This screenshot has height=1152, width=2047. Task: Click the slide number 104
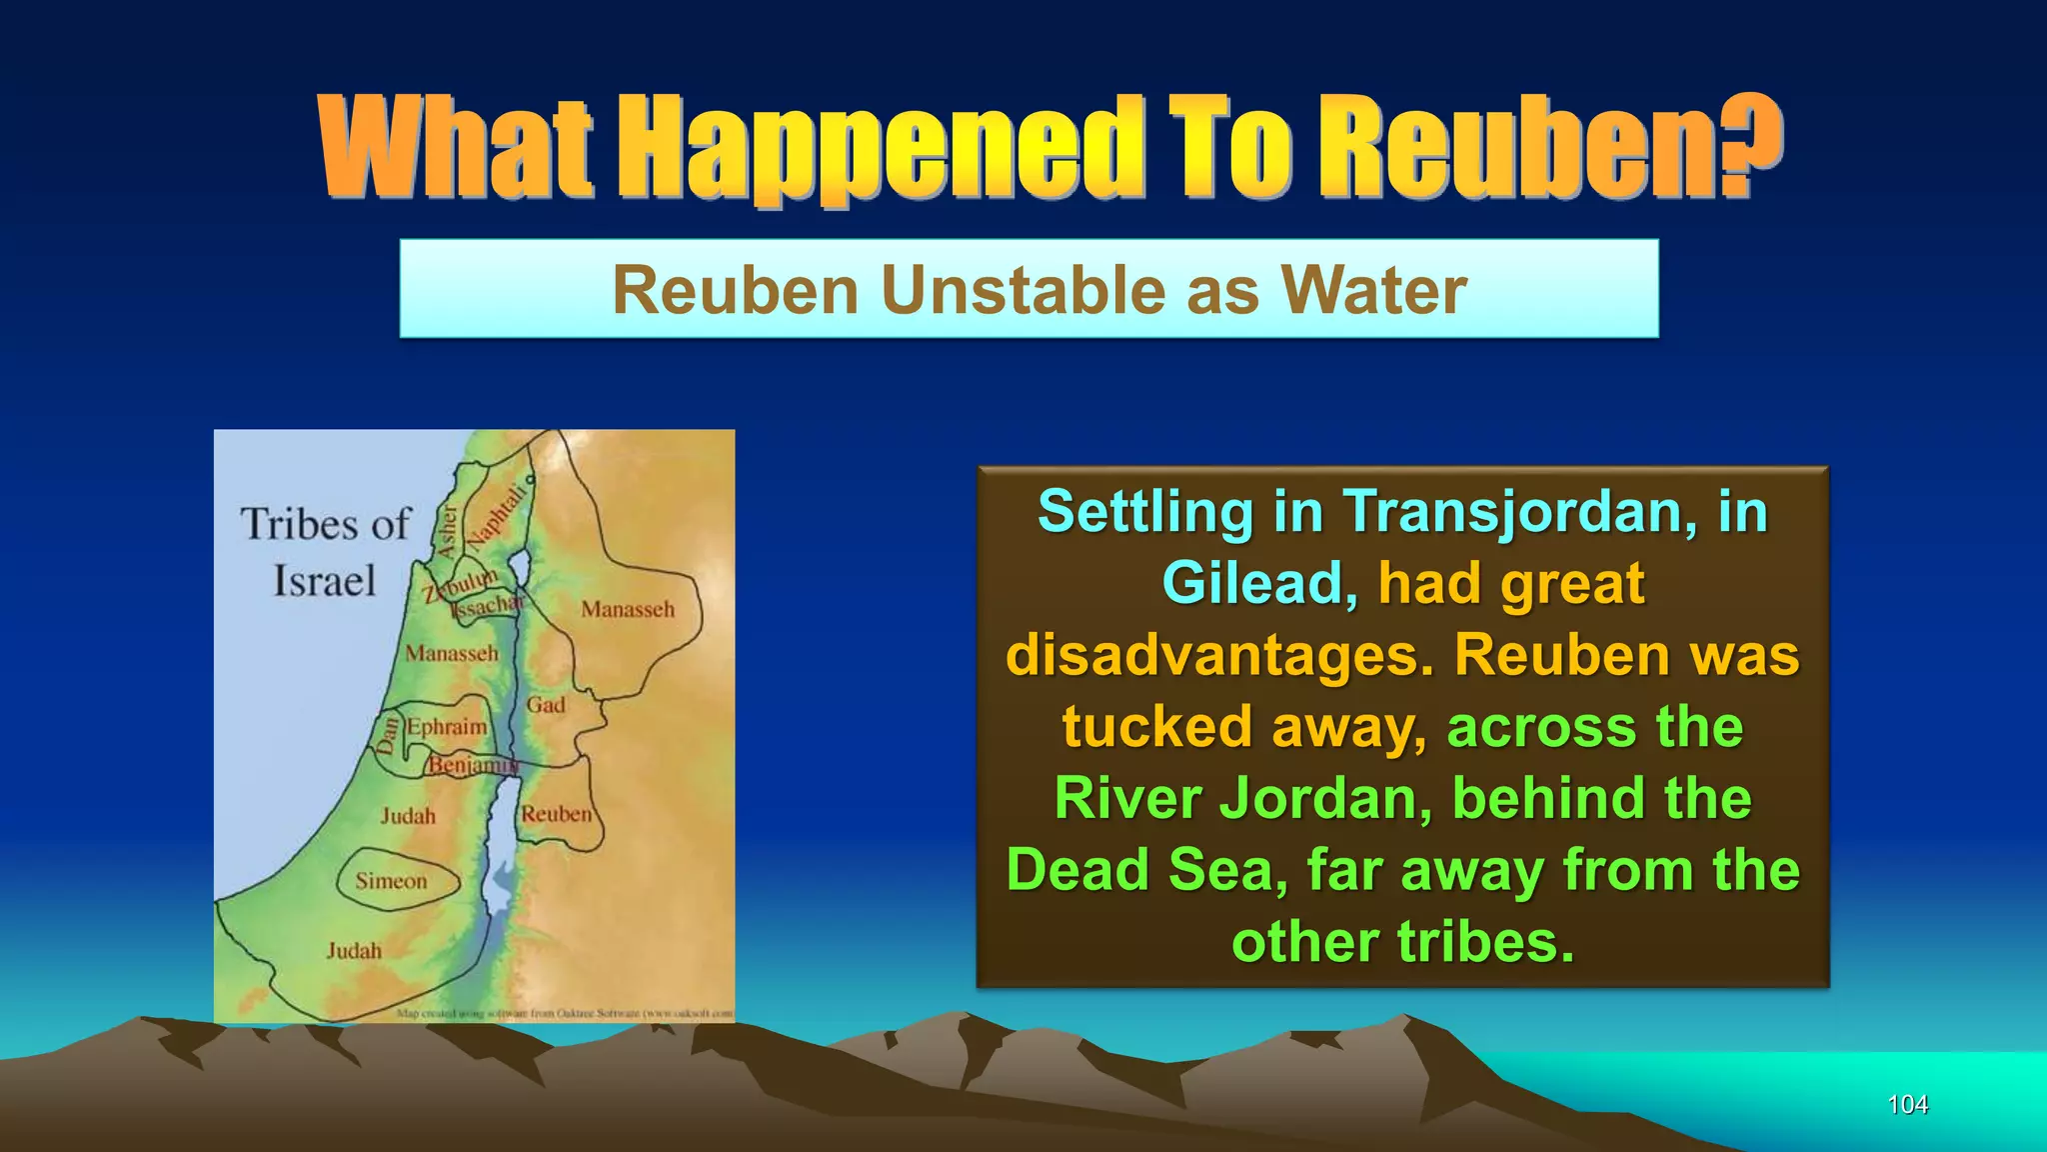click(x=1907, y=1104)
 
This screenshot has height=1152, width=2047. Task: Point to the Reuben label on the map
click(x=556, y=814)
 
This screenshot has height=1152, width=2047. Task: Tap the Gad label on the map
click(x=546, y=705)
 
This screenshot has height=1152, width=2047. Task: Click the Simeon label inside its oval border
click(x=391, y=881)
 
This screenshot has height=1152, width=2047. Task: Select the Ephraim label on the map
click(x=447, y=727)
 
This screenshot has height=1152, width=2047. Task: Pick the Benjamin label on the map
click(x=471, y=765)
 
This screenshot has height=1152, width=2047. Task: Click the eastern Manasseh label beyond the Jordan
click(x=628, y=609)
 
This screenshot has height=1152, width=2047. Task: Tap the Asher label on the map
click(x=448, y=530)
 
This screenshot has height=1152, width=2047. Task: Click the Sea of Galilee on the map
click(x=520, y=571)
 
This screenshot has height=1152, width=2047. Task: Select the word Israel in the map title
click(x=324, y=581)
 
